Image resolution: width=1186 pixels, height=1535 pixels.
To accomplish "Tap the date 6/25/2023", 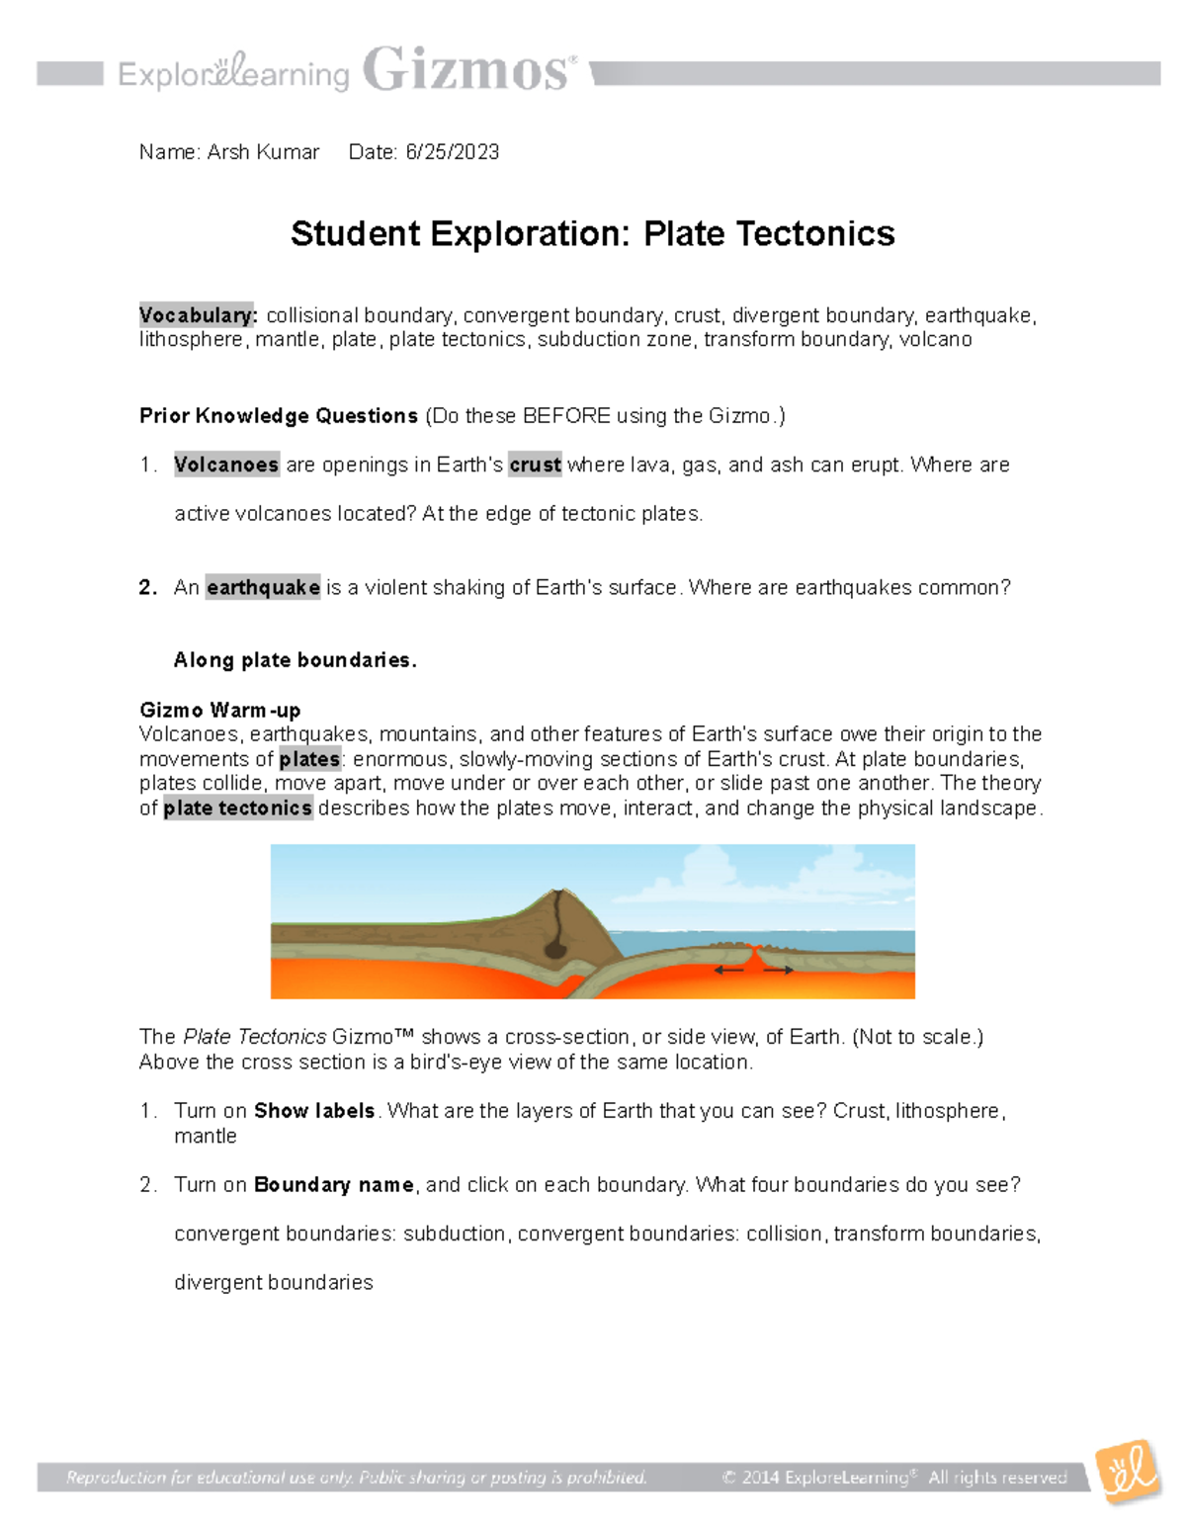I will coord(452,152).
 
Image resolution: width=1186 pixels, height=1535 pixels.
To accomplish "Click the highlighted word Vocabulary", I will coord(198,315).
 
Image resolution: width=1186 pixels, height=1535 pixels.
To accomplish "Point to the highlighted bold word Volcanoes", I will coord(226,465).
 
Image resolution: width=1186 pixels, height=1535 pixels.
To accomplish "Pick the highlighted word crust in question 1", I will coord(535,465).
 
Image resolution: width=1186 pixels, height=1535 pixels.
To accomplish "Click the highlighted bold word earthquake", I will coord(263,588).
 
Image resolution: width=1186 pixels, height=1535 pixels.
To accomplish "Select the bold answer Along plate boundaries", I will coord(295,660).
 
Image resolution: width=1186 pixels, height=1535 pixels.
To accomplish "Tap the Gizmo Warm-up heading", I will coord(219,710).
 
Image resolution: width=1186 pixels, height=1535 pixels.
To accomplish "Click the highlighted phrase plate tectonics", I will coord(237,809).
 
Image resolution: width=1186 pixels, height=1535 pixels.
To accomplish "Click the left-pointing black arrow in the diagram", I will coord(729,971).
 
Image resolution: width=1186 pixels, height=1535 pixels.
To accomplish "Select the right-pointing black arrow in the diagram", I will coord(779,971).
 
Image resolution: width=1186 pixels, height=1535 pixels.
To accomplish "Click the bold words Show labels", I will coord(314,1111).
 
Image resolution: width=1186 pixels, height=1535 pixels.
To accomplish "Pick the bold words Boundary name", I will coord(333,1185).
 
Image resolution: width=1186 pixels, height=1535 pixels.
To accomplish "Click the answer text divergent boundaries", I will coord(274,1283).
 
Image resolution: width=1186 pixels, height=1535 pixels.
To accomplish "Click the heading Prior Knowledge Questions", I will coord(279,416).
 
